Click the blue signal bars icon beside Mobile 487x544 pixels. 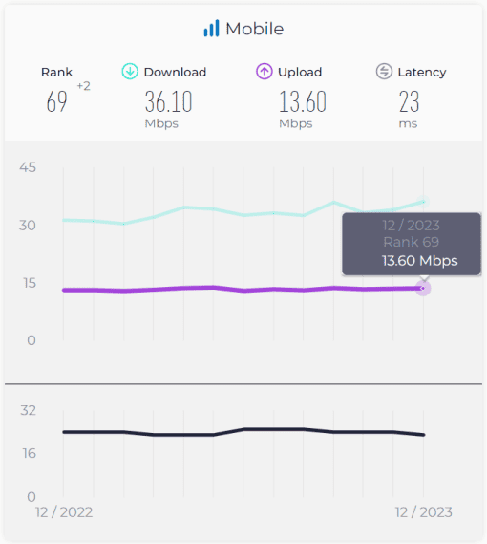point(211,28)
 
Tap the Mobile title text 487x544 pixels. point(255,29)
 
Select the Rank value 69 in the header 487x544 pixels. point(57,101)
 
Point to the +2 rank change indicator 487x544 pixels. point(83,86)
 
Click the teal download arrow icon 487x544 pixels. point(130,72)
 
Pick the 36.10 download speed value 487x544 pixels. point(168,101)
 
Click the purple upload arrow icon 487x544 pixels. point(265,72)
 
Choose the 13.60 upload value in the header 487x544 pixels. point(303,101)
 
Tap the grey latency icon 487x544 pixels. point(384,72)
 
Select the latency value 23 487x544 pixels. point(409,101)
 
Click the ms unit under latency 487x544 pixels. point(408,124)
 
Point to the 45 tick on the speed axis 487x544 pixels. point(28,167)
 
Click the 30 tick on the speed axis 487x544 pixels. point(28,226)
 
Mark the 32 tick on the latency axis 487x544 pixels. point(28,411)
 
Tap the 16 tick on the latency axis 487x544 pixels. point(29,453)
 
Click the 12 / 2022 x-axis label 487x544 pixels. point(64,512)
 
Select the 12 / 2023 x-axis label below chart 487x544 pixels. point(424,512)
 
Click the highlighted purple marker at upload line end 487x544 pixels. point(423,289)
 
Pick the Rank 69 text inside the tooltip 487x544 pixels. point(412,242)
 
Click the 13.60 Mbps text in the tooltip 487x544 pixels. point(420,261)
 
